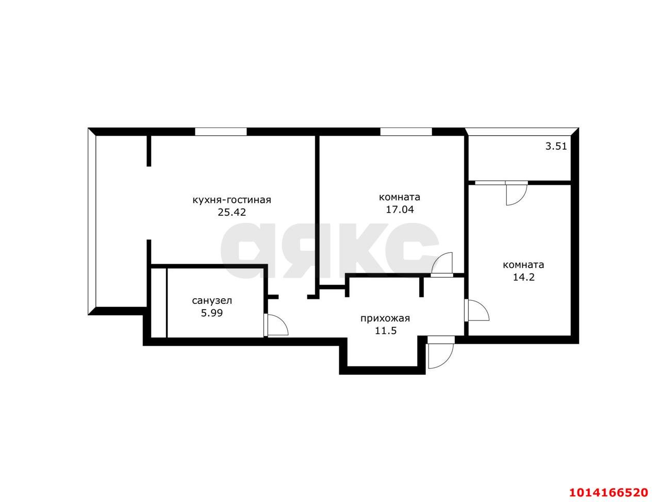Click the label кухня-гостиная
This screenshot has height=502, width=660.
[232, 200]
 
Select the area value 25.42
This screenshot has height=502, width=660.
[232, 213]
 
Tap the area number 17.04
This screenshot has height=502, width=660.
[400, 209]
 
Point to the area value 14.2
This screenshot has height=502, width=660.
[523, 277]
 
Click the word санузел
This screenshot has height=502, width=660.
[212, 300]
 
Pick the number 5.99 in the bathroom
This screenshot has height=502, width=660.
[212, 313]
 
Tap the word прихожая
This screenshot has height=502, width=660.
[385, 318]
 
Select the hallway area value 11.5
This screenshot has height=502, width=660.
[386, 331]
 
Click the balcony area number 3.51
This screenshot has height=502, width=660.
[556, 146]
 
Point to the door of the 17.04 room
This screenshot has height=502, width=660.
[442, 264]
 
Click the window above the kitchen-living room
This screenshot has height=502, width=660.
[221, 132]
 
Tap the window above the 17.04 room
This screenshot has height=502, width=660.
[406, 132]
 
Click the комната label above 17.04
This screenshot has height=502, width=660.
[400, 197]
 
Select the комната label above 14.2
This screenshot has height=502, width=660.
[523, 265]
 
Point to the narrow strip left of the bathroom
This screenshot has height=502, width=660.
[158, 302]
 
